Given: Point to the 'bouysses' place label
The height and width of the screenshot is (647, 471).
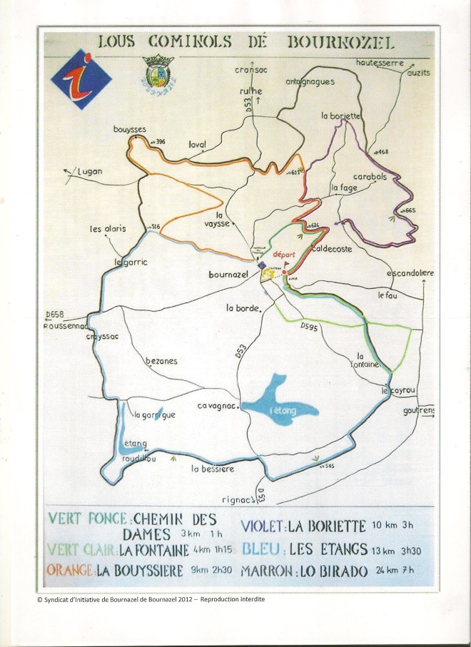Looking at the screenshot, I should point(129,129).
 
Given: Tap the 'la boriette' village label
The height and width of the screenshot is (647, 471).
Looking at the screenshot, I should point(341,116).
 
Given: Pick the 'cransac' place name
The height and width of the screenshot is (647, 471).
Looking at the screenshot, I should point(250,70).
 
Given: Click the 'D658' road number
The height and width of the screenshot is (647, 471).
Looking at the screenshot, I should point(54,314).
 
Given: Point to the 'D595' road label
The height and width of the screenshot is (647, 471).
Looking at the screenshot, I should point(308,326).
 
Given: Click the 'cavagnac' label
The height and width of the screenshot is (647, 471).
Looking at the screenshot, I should point(218,406).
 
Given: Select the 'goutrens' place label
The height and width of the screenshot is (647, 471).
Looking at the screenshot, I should point(419,411).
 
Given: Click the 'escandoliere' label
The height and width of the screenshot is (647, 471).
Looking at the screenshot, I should point(410,273).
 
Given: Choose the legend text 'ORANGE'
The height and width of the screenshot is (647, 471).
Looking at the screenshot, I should point(70,571).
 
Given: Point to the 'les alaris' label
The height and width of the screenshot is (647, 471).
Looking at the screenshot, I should point(108,229).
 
